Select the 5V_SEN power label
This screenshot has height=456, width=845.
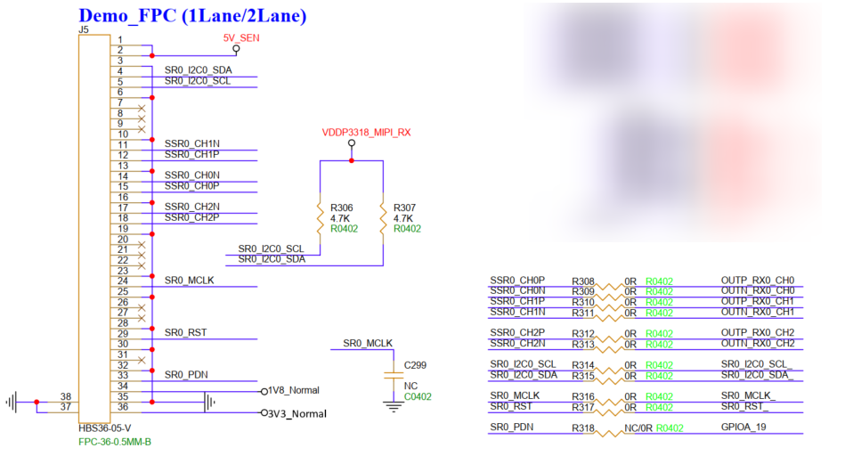click(x=240, y=38)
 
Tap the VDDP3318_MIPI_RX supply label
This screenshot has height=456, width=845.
click(x=366, y=133)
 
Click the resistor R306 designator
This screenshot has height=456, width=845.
click(x=341, y=208)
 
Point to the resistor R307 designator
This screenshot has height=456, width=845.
click(x=404, y=208)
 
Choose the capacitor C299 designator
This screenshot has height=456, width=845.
click(x=415, y=365)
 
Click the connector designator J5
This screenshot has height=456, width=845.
click(x=84, y=29)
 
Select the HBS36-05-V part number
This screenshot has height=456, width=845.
click(x=105, y=428)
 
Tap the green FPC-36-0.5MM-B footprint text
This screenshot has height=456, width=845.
click(x=115, y=441)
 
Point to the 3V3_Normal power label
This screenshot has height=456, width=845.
click(x=297, y=414)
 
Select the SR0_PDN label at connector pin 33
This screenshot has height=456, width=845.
click(x=186, y=375)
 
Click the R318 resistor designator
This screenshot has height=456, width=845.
click(x=582, y=428)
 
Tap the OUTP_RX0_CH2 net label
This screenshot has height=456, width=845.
click(x=757, y=333)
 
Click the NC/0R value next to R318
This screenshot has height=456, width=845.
click(x=638, y=428)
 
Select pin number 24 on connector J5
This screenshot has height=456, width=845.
click(x=121, y=281)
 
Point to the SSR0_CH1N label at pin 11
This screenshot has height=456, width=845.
click(x=191, y=143)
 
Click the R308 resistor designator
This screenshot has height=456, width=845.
click(x=582, y=281)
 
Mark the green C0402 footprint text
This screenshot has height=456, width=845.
click(x=418, y=396)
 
